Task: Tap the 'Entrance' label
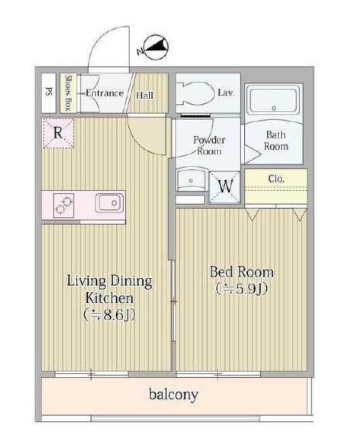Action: pyautogui.click(x=104, y=93)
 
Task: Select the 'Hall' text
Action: pyautogui.click(x=144, y=95)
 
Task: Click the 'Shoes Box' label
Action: pyautogui.click(x=68, y=93)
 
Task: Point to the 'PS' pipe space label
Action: pyautogui.click(x=49, y=93)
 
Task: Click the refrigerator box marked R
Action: pyautogui.click(x=58, y=132)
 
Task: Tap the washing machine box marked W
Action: pyautogui.click(x=226, y=185)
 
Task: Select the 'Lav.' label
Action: pyautogui.click(x=226, y=93)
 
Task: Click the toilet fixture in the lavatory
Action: pyautogui.click(x=192, y=95)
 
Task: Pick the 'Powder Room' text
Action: pyautogui.click(x=209, y=145)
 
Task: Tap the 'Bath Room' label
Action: pyautogui.click(x=277, y=139)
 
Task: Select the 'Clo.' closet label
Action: pyautogui.click(x=276, y=178)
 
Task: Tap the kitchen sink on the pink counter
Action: pyautogui.click(x=108, y=205)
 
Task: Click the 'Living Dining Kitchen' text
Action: pyautogui.click(x=108, y=289)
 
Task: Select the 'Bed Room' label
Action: pyautogui.click(x=242, y=273)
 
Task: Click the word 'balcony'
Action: pyautogui.click(x=173, y=395)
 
